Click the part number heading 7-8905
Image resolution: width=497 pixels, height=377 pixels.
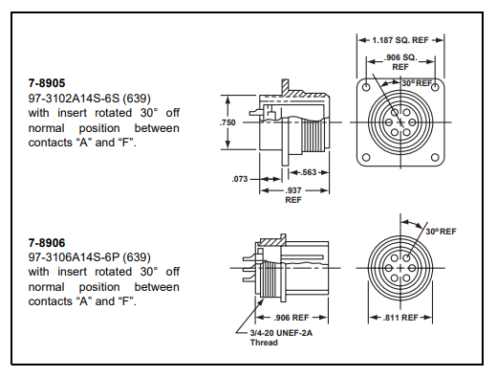pyautogui.click(x=47, y=83)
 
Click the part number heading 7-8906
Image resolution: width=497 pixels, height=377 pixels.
pyautogui.click(x=47, y=243)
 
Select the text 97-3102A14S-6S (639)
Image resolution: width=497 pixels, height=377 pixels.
pyautogui.click(x=90, y=99)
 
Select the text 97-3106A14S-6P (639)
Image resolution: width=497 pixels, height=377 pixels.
pyautogui.click(x=90, y=257)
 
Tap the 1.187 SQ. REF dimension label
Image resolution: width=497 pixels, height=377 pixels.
pyautogui.click(x=400, y=40)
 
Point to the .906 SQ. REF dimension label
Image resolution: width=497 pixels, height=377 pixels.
pyautogui.click(x=400, y=62)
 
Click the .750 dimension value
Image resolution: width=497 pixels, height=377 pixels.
pyautogui.click(x=227, y=122)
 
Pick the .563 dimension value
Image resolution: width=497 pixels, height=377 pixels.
pyautogui.click(x=309, y=172)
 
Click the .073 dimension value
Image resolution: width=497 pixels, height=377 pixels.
pyautogui.click(x=240, y=179)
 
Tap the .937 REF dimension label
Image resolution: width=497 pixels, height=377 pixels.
pyautogui.click(x=293, y=195)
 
